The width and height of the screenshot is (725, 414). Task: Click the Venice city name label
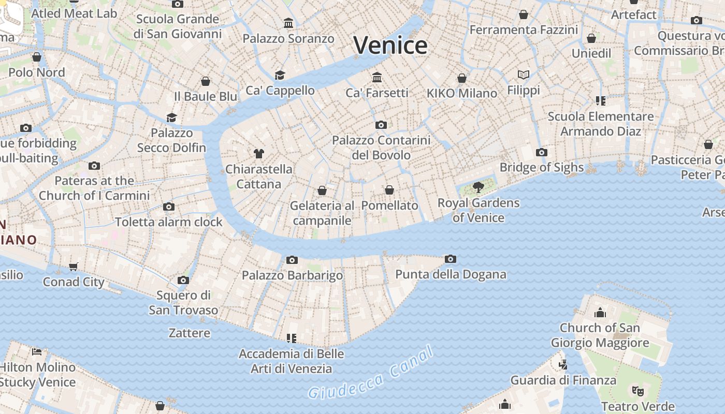point(390,45)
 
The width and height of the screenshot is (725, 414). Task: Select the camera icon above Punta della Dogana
point(451,259)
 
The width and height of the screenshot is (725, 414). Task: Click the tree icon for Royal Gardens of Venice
point(479,187)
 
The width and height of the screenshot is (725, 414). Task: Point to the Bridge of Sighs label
point(542,167)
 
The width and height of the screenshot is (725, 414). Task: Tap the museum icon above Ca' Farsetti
point(377,78)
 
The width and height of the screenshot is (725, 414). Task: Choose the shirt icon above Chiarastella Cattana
point(259,154)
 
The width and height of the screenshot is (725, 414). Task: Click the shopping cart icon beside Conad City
point(74,267)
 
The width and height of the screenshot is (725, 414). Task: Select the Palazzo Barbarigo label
point(292,275)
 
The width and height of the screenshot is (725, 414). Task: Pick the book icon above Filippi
point(524,75)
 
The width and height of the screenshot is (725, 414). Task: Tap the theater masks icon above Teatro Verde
point(638,391)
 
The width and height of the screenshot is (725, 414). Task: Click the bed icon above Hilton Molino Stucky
point(37,352)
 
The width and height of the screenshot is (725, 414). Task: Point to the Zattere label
point(190,333)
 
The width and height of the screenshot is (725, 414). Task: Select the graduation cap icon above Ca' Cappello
point(280,75)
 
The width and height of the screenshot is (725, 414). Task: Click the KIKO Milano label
point(462,93)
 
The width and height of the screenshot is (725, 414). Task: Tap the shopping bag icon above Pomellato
point(389,190)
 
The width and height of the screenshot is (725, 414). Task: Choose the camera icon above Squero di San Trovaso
point(183,280)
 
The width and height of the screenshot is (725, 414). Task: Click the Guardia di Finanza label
point(563,380)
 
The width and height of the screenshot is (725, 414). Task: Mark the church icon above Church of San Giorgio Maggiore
point(600,313)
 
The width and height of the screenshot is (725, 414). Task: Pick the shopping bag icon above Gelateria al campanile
point(322,191)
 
